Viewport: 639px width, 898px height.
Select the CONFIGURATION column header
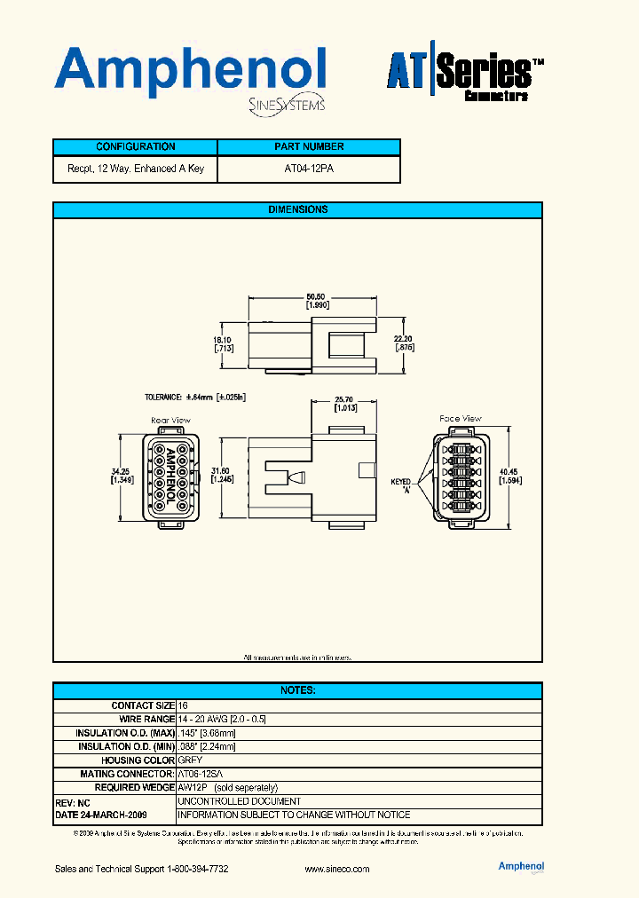(135, 147)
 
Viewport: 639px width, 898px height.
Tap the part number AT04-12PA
(309, 169)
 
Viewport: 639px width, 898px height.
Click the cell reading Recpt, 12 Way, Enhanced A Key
(135, 169)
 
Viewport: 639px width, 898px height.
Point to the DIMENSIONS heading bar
(297, 210)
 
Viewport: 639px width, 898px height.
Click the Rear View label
(171, 421)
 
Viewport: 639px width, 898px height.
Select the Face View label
(460, 419)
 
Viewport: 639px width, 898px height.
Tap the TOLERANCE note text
(194, 398)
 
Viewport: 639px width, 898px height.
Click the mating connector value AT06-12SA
(202, 774)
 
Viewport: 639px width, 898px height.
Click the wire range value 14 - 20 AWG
(222, 720)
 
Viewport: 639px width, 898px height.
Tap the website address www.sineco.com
(336, 869)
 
